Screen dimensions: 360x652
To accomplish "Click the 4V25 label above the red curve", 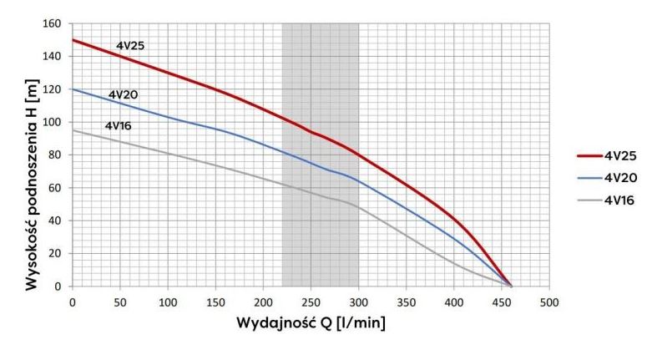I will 129,45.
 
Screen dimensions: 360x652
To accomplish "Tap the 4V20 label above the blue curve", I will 123,94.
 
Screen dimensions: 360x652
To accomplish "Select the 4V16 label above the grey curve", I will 119,126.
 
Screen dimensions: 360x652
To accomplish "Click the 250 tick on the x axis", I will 311,301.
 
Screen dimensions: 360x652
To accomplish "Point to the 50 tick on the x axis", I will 120,301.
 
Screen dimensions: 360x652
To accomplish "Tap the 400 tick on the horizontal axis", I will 453,301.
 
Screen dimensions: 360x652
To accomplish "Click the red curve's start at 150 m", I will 73,40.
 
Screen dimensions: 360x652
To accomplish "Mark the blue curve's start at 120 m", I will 73,89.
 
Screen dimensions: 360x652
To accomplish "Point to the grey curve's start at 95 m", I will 73,130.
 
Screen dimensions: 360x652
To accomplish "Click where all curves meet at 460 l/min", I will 510,286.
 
